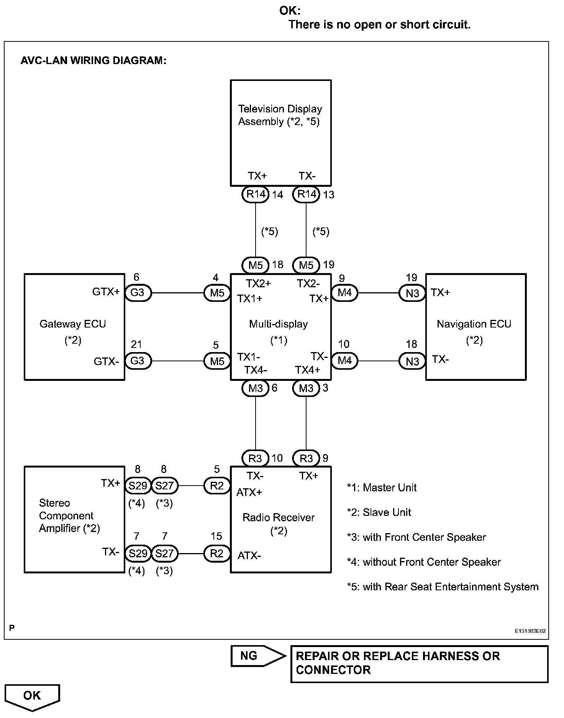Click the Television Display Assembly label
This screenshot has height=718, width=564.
pos(280,115)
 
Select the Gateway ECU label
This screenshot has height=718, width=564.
pos(73,324)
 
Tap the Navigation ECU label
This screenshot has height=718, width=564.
pos(474,324)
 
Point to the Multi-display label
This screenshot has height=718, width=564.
pos(279,324)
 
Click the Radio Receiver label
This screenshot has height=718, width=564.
pos(279,518)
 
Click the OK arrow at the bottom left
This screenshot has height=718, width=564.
pos(32,696)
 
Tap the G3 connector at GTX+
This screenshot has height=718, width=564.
pos(138,293)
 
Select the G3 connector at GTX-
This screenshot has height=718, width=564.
pos(138,361)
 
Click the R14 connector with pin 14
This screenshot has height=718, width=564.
pos(256,194)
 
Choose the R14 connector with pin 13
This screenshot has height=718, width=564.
pos(306,194)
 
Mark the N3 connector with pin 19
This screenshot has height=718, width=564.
pos(412,293)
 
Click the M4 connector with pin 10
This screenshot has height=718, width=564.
pos(344,361)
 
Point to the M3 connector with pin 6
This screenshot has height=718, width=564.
pos(256,389)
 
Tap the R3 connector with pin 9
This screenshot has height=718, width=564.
pos(306,458)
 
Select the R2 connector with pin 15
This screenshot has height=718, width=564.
pos(217,553)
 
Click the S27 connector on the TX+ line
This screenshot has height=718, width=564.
pos(164,486)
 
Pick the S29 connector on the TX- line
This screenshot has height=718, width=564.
pos(138,553)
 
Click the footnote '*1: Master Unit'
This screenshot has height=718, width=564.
pos(382,487)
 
